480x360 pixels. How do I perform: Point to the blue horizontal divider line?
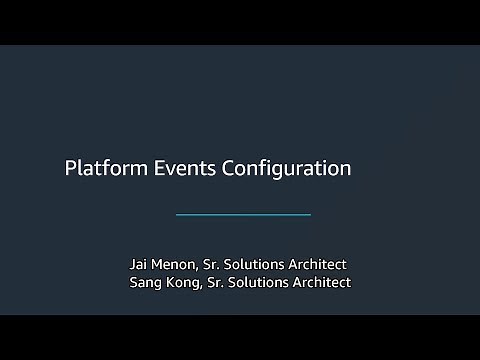click(x=243, y=215)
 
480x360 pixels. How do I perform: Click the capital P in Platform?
click(x=70, y=168)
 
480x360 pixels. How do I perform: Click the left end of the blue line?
click(x=177, y=215)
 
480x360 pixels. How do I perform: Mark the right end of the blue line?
click(x=310, y=215)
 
